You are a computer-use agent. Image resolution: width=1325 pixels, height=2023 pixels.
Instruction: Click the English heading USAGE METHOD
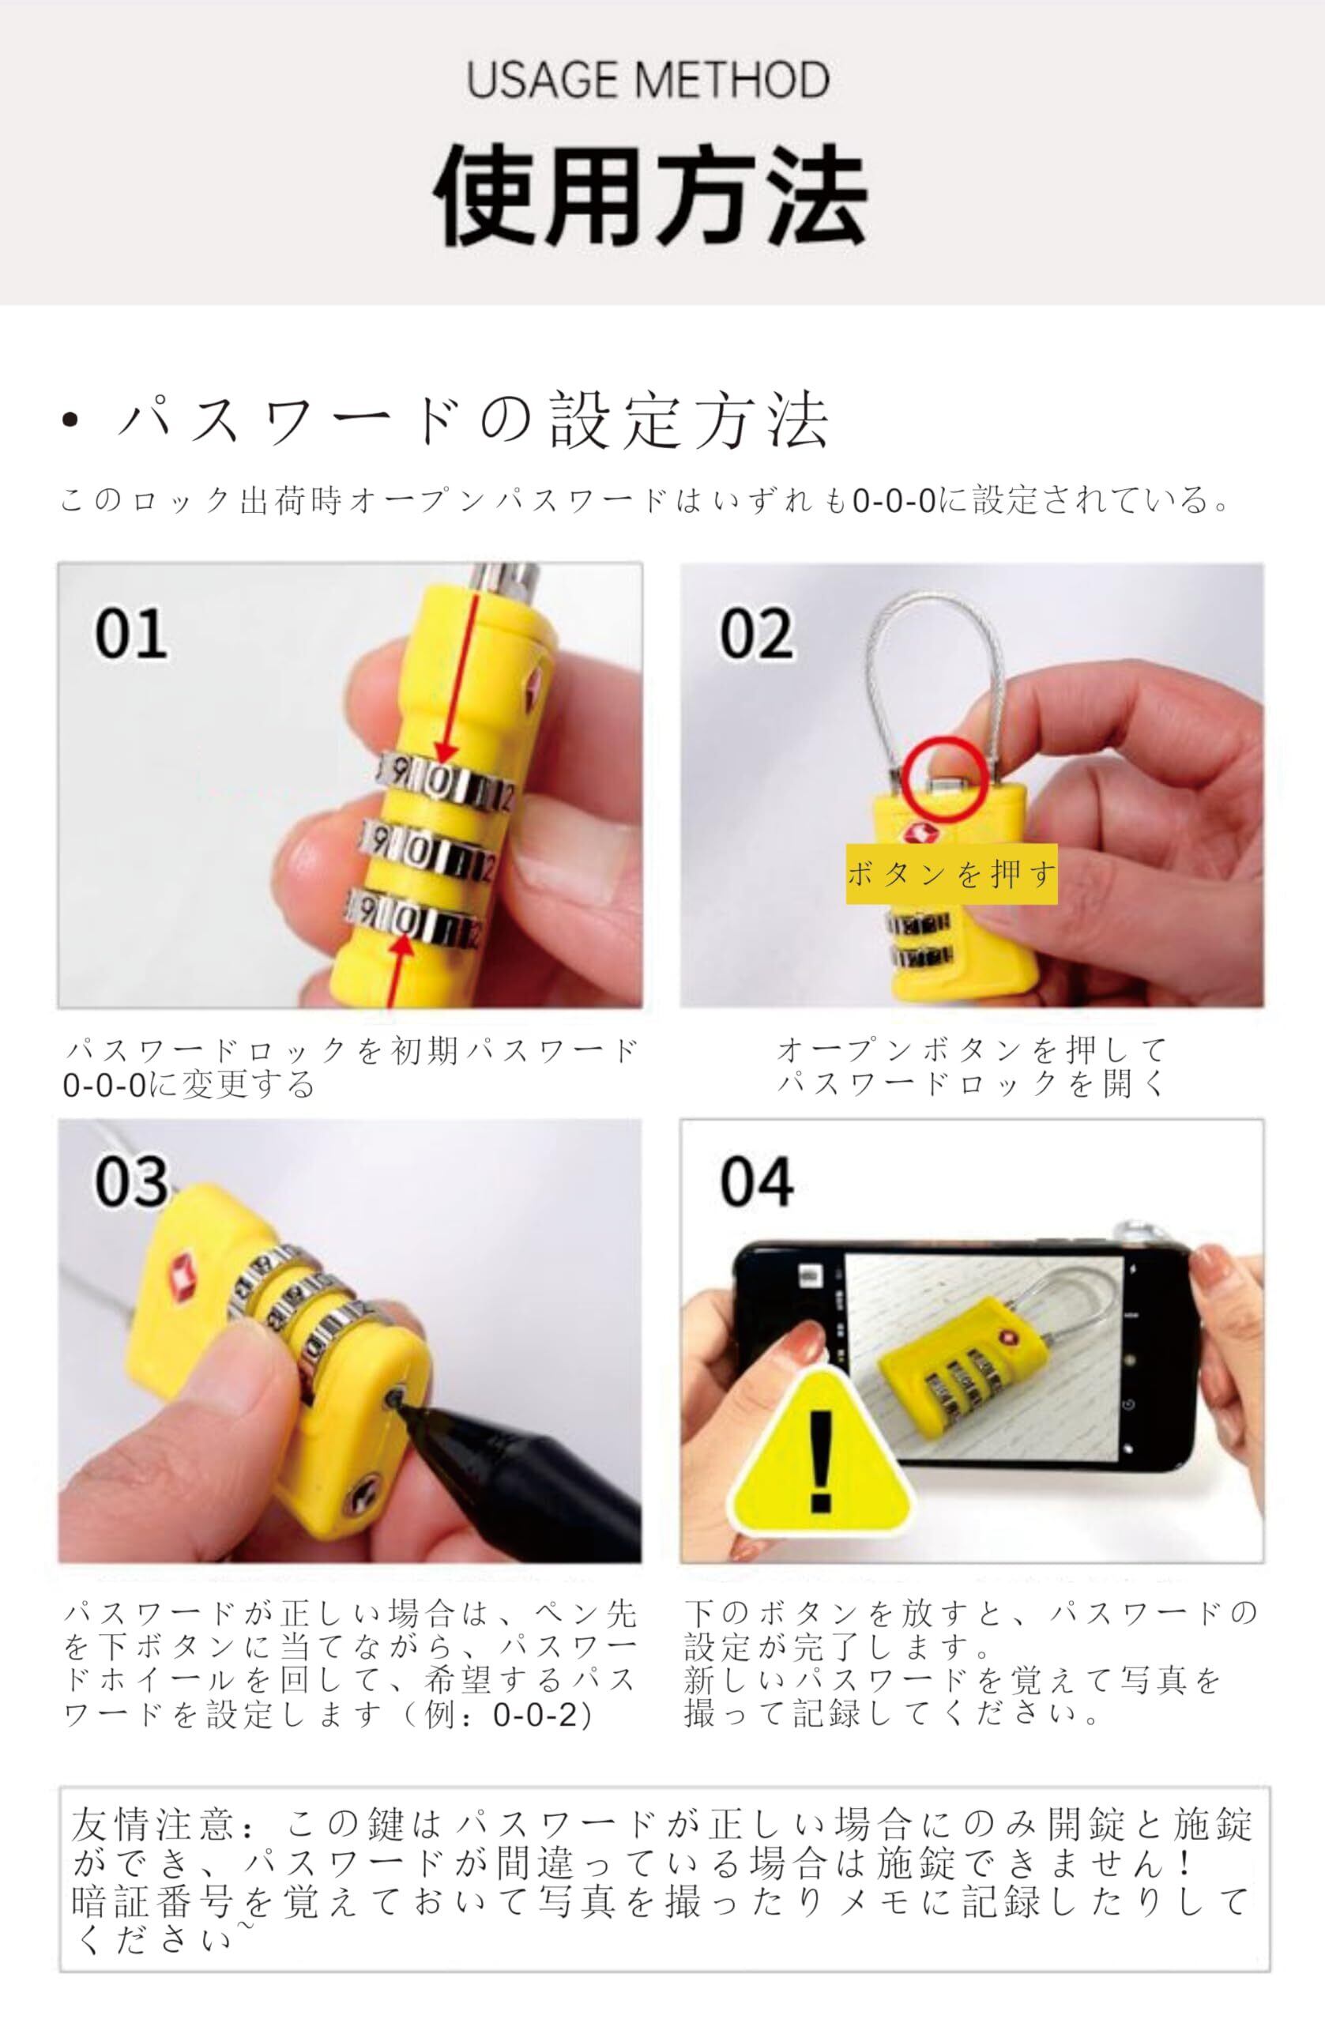click(649, 80)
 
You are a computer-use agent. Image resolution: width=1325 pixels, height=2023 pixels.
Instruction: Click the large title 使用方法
click(650, 195)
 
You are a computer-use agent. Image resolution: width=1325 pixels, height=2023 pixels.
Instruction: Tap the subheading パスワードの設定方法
click(474, 419)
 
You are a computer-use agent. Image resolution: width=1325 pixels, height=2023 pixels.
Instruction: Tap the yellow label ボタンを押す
click(951, 874)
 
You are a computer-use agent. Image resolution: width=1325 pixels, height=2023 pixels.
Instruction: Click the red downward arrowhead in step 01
click(445, 752)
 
